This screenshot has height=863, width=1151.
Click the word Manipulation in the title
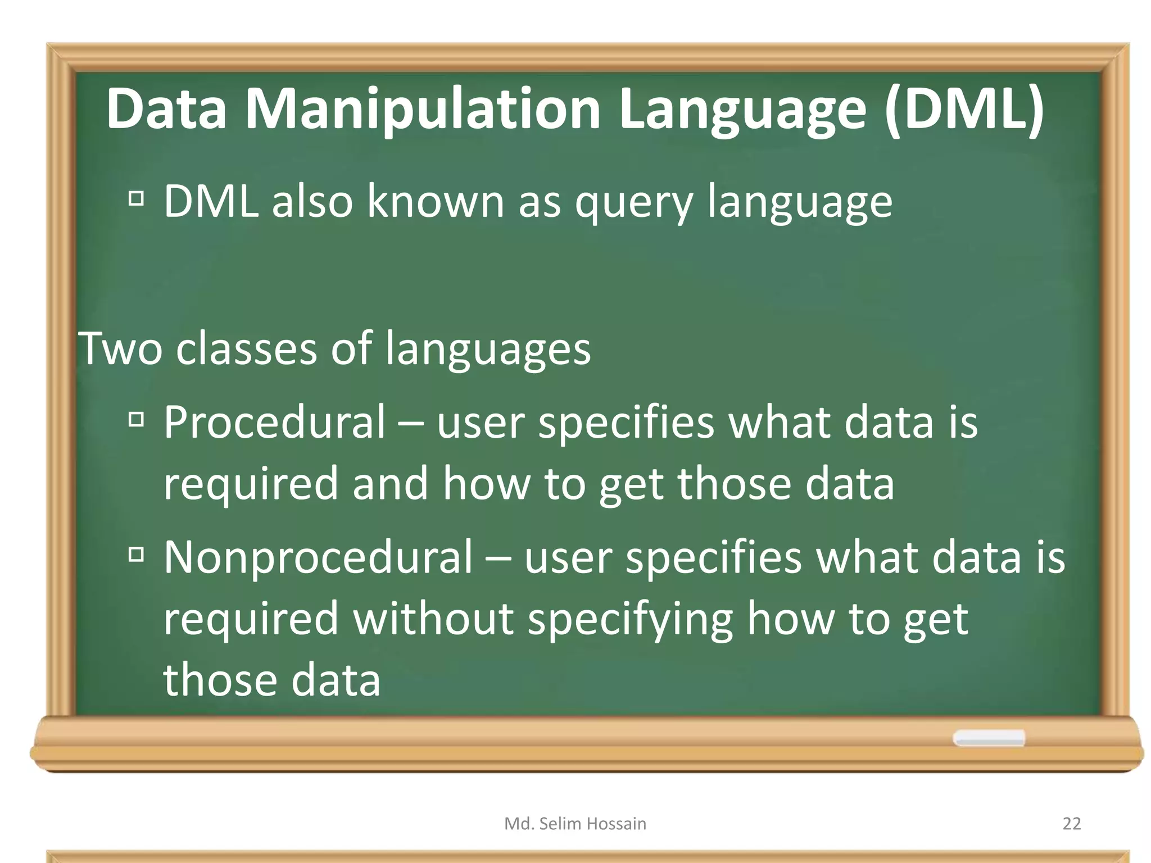[x=423, y=110]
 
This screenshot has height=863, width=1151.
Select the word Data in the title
[x=166, y=110]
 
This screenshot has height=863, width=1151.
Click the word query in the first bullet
[x=634, y=203]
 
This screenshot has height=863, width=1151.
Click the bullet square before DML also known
[x=136, y=198]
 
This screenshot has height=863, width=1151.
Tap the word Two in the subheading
[x=120, y=348]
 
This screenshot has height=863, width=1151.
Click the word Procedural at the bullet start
[x=274, y=422]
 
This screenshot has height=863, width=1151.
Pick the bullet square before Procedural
[x=136, y=419]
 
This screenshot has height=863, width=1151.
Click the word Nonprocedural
[x=318, y=557]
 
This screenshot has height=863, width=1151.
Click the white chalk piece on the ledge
[x=989, y=738]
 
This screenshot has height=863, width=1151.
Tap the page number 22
[x=1072, y=824]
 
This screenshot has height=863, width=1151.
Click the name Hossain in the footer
[x=616, y=824]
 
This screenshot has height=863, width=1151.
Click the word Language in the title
[x=742, y=110]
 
